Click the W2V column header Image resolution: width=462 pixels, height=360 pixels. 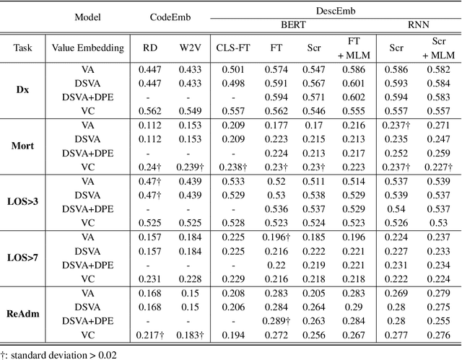tap(191, 49)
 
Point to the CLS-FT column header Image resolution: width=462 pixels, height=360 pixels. tap(232, 49)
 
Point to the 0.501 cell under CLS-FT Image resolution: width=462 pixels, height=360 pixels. tap(232, 69)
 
